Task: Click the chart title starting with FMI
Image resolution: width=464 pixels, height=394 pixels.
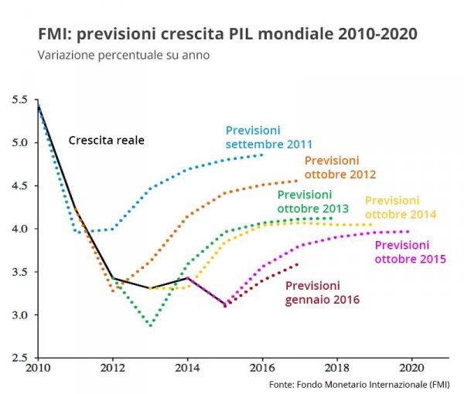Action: point(227,35)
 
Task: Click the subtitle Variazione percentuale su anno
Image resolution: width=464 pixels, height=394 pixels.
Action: point(124,56)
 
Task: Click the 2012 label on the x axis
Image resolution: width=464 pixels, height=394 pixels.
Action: point(112,369)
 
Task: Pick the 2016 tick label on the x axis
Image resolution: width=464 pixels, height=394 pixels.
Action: point(262,369)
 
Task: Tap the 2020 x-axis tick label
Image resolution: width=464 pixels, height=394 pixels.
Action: point(411,369)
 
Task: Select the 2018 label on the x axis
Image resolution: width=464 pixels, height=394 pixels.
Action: point(336,369)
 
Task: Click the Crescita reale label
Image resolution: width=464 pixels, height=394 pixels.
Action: point(107,141)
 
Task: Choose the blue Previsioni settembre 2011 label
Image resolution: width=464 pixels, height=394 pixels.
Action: point(268,138)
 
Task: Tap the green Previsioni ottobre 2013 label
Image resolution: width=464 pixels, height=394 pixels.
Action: point(313,202)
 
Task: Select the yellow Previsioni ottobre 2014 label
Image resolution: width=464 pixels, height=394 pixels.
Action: point(401,207)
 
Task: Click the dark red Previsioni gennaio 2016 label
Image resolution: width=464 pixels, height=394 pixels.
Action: point(322,292)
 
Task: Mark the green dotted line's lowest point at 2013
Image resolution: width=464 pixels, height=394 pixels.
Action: point(150,325)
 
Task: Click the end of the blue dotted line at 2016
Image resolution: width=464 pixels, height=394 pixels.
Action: point(262,155)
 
